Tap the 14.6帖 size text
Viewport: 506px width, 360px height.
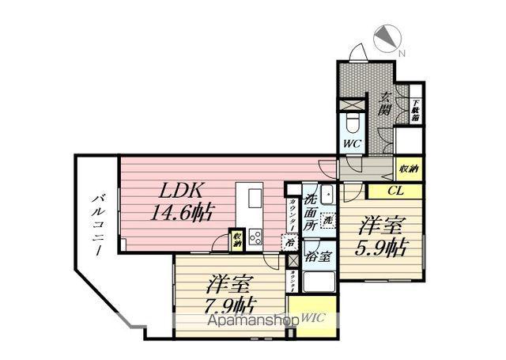(183, 213)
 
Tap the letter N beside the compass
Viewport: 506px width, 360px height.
(402, 54)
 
